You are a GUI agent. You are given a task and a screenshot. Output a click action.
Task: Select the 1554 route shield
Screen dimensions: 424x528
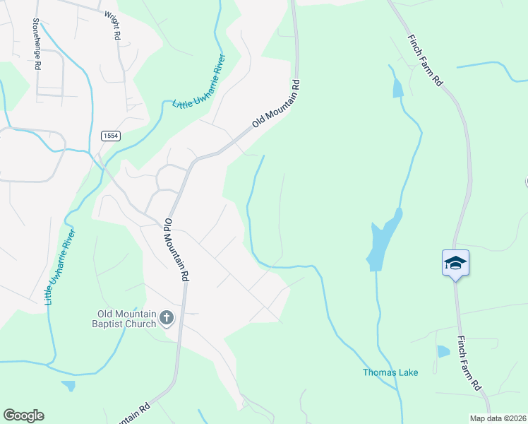pyautogui.click(x=109, y=135)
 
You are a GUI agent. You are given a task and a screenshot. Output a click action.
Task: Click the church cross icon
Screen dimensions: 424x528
pyautogui.click(x=167, y=318)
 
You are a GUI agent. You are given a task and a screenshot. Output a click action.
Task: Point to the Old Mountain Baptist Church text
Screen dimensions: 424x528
pyautogui.click(x=127, y=319)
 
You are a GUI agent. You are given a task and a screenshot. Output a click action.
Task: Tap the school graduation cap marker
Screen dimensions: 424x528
pyautogui.click(x=455, y=264)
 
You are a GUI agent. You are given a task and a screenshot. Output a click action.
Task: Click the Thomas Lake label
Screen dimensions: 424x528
pyautogui.click(x=390, y=372)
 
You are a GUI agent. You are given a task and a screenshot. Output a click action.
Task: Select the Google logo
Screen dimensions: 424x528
pyautogui.click(x=23, y=416)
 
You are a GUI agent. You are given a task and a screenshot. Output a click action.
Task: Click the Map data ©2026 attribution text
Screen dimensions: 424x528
pyautogui.click(x=498, y=418)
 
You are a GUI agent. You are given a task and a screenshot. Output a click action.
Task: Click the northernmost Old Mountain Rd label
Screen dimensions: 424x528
pyautogui.click(x=276, y=104)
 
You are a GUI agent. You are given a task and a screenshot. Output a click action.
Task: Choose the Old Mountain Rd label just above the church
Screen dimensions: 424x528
pyautogui.click(x=177, y=249)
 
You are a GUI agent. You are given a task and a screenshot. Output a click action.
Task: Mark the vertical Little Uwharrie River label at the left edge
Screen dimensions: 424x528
pyautogui.click(x=60, y=267)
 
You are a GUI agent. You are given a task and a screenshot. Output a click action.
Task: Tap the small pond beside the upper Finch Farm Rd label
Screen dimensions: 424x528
pyautogui.click(x=397, y=88)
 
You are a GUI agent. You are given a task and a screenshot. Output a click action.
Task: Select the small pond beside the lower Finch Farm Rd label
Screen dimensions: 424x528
pyautogui.click(x=443, y=351)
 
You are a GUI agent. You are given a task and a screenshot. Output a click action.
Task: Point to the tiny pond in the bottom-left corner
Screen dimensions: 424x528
pyautogui.click(x=68, y=386)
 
